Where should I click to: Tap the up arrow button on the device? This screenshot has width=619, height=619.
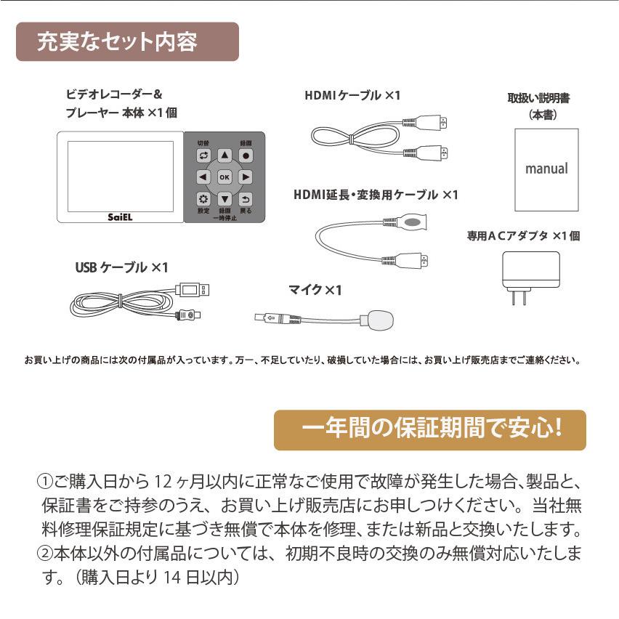tap(224, 155)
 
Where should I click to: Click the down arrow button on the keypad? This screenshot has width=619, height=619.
tap(224, 198)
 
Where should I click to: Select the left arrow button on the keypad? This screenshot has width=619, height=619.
tap(203, 177)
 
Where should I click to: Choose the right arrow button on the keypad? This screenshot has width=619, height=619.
tap(246, 177)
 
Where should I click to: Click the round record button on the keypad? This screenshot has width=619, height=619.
tap(246, 155)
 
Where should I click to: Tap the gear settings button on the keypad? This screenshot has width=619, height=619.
tap(203, 198)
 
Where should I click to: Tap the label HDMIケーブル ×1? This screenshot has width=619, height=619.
tap(352, 94)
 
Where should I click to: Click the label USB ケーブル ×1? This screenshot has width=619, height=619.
tap(121, 267)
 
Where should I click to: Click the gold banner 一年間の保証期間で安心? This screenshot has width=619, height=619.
tap(429, 429)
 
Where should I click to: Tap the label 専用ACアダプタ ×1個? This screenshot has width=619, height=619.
tap(523, 235)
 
